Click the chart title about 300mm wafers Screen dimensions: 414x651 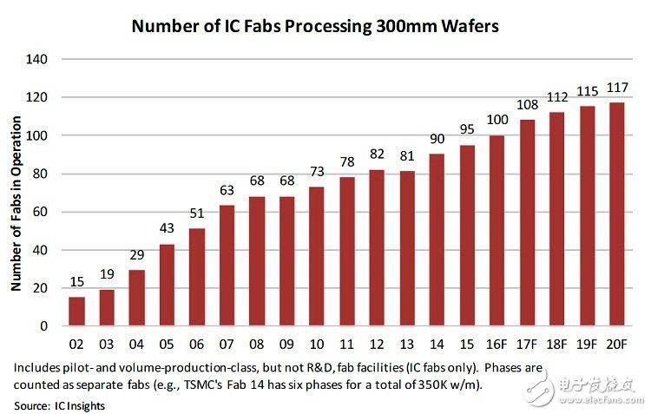tap(315, 26)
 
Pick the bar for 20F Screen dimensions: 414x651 tap(617, 214)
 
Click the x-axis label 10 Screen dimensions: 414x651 tap(317, 342)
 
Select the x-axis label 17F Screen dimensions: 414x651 tap(527, 342)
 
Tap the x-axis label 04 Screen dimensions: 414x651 tap(137, 342)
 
